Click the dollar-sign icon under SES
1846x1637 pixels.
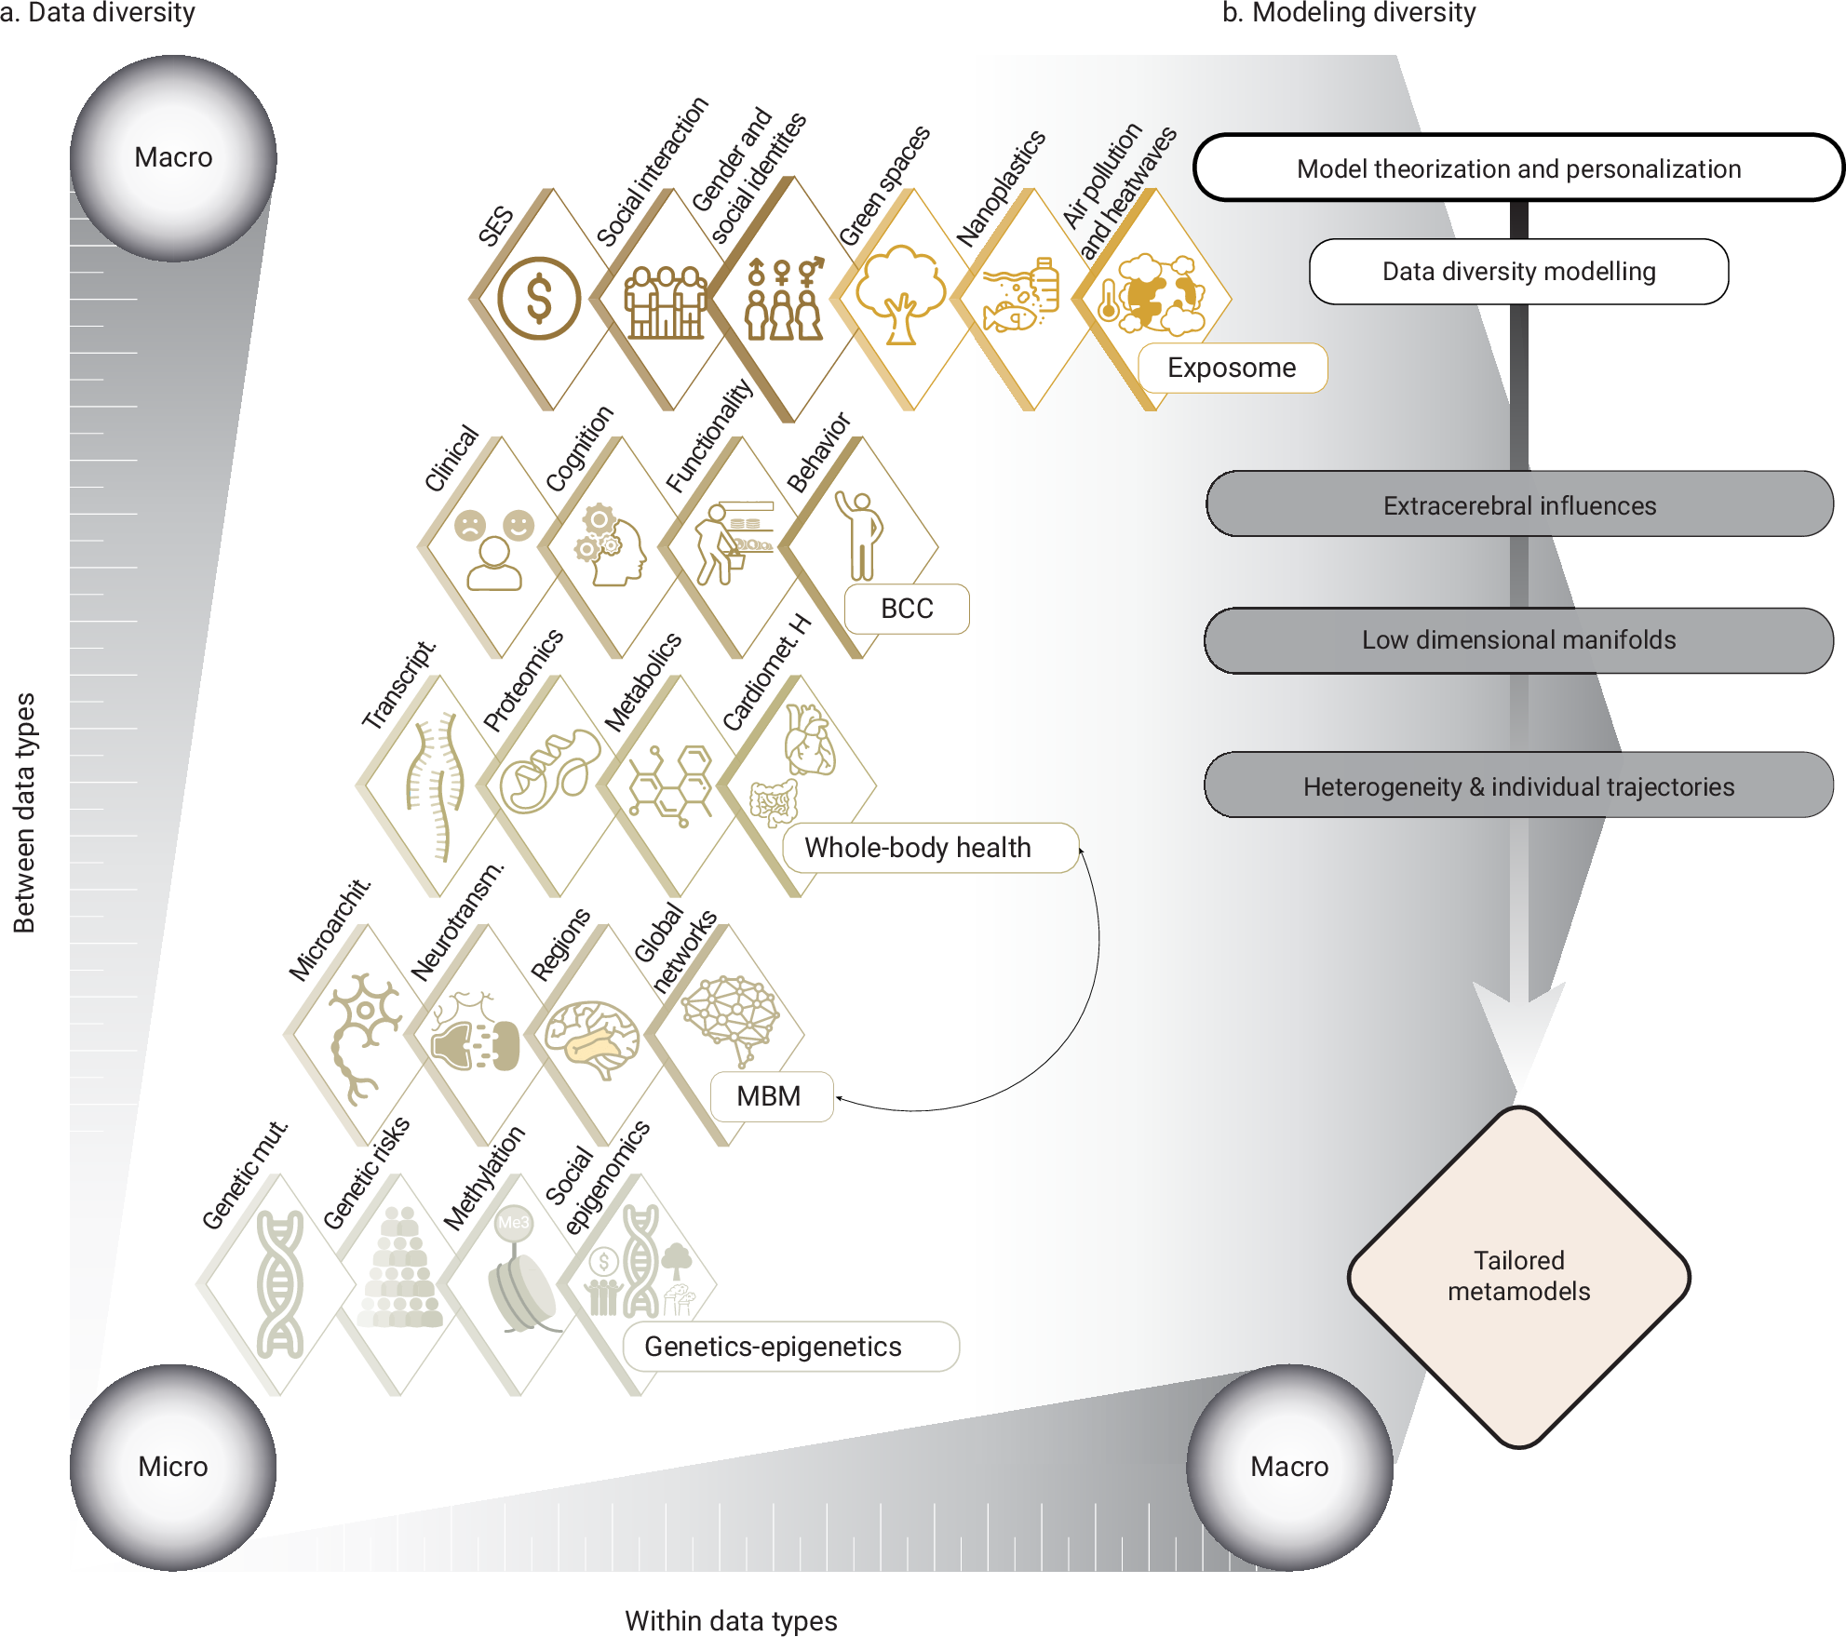[x=539, y=299]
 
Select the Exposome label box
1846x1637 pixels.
[x=1232, y=368]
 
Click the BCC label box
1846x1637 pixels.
[x=907, y=609]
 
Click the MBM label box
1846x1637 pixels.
[x=770, y=1096]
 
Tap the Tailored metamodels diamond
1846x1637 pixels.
[x=1518, y=1277]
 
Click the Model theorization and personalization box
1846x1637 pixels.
[x=1518, y=168]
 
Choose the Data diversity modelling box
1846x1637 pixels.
[x=1518, y=272]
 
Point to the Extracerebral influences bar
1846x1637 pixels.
[x=1518, y=505]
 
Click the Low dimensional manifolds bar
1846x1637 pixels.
[x=1518, y=640]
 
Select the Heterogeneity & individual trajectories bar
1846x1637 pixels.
[x=1518, y=786]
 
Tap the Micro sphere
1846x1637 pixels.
[x=173, y=1467]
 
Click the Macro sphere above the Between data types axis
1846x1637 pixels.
[x=173, y=157]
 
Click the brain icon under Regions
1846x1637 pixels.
[x=592, y=1039]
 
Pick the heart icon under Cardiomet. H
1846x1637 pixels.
[x=809, y=740]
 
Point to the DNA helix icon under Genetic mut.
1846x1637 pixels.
[x=280, y=1284]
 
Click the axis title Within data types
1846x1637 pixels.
[x=731, y=1620]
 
